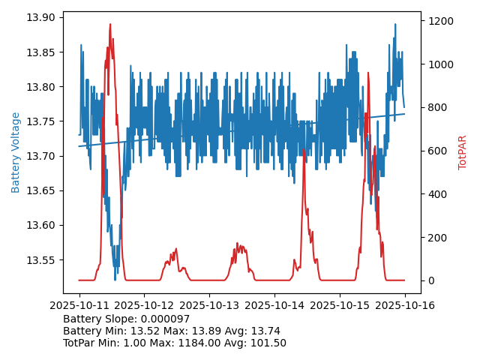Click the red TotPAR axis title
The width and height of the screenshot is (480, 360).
(463, 152)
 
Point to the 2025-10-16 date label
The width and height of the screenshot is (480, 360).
(404, 305)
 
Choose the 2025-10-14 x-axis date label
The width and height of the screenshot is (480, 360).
(274, 305)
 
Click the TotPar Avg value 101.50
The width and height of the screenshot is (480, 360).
(268, 343)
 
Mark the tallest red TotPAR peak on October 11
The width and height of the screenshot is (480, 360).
(110, 25)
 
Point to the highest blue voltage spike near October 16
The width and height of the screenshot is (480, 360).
(394, 24)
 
